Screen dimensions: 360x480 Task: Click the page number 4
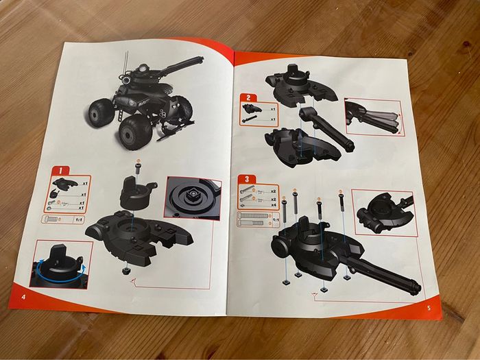click(x=24, y=296)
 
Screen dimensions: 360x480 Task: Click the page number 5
click(x=427, y=307)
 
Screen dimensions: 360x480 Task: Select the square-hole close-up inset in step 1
click(x=193, y=199)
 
